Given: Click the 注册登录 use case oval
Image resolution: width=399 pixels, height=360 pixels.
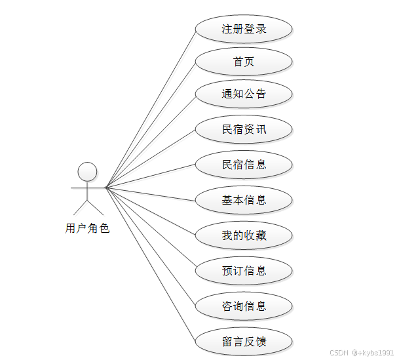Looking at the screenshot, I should click(244, 30).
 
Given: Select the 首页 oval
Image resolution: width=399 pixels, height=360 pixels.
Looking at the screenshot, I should click(244, 62).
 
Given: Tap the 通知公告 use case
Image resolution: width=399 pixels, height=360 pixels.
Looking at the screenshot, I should click(244, 94).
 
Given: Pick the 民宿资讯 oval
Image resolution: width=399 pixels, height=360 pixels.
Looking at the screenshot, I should click(244, 129).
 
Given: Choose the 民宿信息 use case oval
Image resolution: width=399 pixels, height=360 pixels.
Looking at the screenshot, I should click(244, 165).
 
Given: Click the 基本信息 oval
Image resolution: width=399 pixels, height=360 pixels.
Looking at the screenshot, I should click(244, 200).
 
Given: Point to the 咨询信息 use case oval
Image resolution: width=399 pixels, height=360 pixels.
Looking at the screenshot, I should click(244, 306).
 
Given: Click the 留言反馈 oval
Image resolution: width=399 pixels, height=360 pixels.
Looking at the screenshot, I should click(244, 342).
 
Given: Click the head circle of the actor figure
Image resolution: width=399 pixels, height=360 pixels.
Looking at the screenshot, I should click(88, 172).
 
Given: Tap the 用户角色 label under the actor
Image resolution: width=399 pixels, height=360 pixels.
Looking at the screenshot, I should click(88, 229).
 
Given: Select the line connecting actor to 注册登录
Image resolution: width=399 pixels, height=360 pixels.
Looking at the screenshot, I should click(150, 109).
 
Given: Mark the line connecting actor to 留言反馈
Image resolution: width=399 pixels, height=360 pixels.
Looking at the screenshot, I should click(150, 264).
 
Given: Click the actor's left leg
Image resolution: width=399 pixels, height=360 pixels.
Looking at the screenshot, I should click(80, 207).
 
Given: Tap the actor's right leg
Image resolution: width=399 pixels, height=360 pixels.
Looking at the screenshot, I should click(96, 207).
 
